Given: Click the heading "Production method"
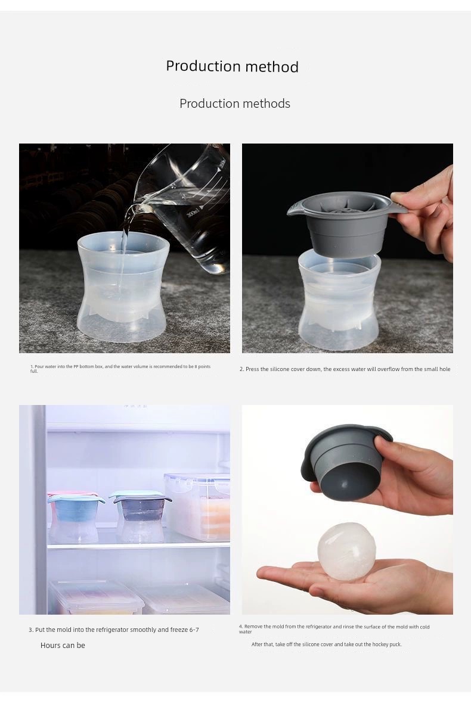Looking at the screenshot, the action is [232, 66].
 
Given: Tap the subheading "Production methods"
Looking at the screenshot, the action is [234, 103].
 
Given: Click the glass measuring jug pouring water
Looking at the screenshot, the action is [188, 205].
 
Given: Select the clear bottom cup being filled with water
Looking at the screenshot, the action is [123, 286].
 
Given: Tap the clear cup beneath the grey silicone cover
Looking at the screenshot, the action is [339, 300].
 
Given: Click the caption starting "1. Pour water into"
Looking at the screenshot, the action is [120, 369].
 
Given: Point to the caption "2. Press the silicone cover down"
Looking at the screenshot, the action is [345, 369].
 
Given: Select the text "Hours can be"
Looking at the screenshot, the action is [63, 645].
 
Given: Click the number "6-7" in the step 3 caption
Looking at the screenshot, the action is [194, 630].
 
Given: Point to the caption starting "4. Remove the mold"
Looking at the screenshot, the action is [334, 629].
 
